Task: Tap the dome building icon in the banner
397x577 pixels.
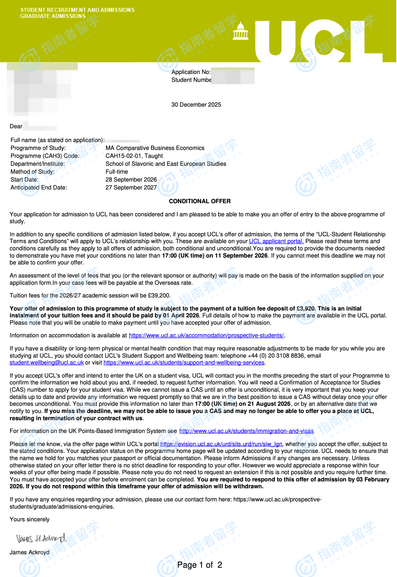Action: coord(240,31)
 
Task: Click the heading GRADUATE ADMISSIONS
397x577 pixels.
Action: coord(53,16)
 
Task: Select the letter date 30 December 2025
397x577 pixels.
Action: coord(196,105)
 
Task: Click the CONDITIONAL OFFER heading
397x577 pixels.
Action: coord(200,201)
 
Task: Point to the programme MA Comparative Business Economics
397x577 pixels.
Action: coord(155,148)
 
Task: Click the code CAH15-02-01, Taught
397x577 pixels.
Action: coord(134,156)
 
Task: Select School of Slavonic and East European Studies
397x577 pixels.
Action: coord(166,164)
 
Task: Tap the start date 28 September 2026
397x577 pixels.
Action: coord(131,179)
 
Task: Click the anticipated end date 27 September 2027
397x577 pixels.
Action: coord(131,187)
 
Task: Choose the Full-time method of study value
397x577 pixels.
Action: coord(117,172)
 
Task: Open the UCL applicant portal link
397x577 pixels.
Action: coord(276,241)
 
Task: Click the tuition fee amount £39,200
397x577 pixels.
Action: coord(159,295)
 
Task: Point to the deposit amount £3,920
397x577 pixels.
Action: coord(305,308)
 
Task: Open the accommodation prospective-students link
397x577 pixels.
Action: coord(206,335)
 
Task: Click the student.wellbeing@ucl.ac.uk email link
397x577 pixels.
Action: coord(47,362)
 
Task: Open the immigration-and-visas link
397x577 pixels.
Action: coord(246,431)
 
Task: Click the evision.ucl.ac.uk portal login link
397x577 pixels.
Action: coord(221,444)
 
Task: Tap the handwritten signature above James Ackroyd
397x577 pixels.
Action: coord(41,538)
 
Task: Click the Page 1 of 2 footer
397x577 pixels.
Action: coord(200,565)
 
